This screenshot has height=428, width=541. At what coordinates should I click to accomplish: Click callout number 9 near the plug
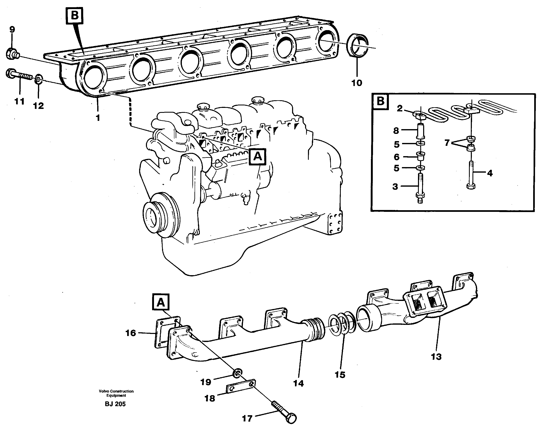click(x=12, y=29)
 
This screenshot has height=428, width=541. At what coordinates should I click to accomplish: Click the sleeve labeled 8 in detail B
click(x=420, y=131)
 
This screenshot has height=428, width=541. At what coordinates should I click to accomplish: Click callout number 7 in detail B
click(x=447, y=143)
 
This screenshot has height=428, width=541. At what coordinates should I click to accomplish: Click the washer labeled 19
click(x=237, y=374)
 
